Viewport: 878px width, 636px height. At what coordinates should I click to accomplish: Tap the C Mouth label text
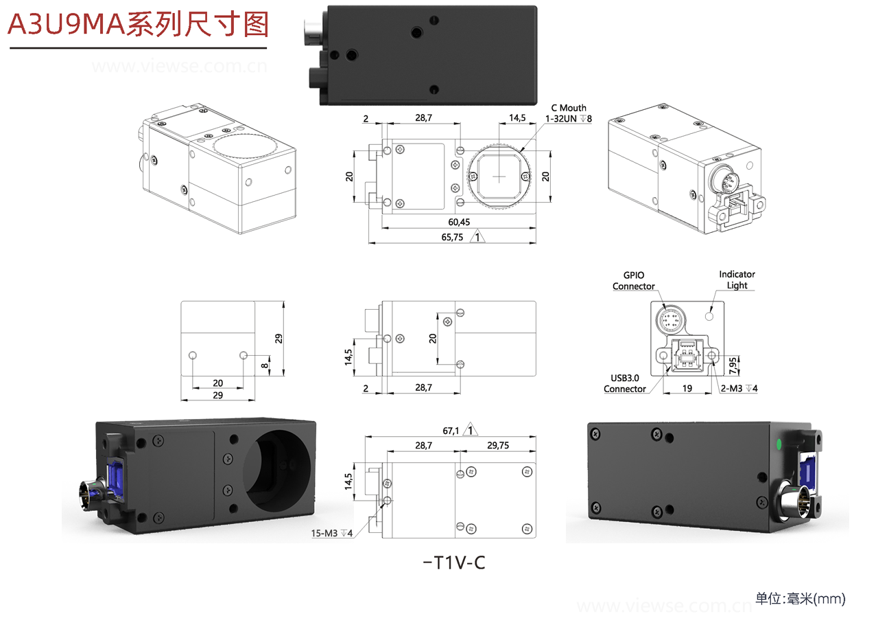pos(569,108)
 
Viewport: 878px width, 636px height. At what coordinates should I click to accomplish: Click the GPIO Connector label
pos(633,281)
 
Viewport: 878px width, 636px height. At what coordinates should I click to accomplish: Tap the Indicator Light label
pos(737,280)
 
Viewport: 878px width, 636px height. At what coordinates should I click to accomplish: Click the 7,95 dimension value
pos(734,365)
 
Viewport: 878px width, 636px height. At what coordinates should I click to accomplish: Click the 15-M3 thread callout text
pos(332,533)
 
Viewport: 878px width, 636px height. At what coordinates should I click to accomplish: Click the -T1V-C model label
pos(454,563)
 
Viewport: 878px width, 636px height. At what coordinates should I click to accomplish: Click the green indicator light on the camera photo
pos(779,444)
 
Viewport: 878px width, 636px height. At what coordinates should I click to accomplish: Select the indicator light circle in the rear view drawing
pos(711,315)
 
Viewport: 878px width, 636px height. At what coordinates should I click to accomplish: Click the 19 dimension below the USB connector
pos(687,388)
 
